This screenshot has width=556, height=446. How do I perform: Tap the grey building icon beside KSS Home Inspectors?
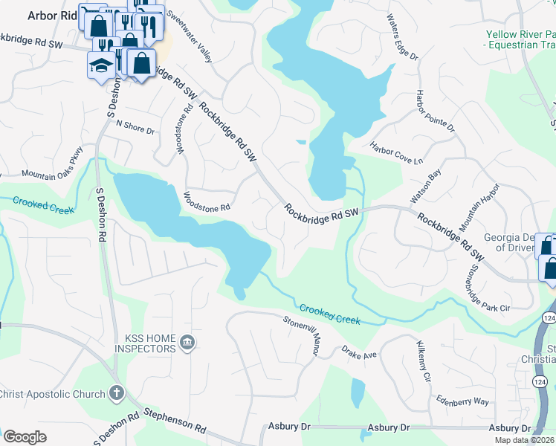tap(187, 343)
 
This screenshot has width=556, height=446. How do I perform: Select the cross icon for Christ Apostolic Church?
tap(115, 392)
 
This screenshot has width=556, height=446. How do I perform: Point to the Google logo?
tap(25, 437)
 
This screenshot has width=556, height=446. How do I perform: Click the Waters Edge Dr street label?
tap(403, 36)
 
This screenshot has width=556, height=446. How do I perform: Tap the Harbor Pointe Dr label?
tap(435, 111)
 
